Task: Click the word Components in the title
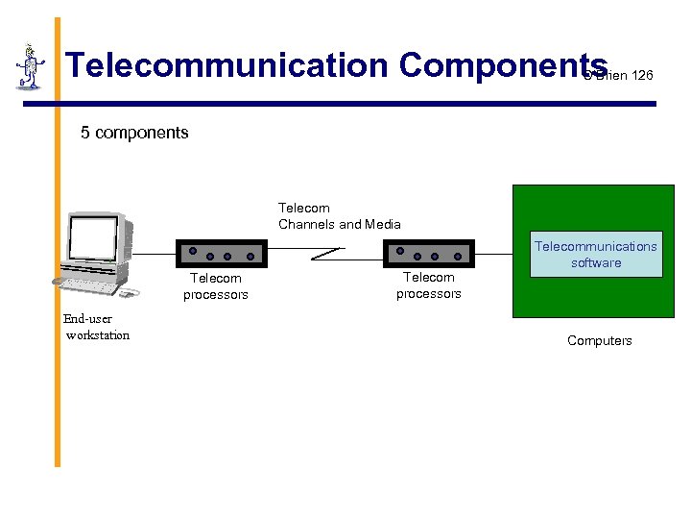[502, 65]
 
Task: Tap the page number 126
[642, 75]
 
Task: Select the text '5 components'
[134, 133]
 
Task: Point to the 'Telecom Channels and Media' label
[339, 216]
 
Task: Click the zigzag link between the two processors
[326, 254]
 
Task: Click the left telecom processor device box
[221, 254]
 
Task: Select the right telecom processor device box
[429, 254]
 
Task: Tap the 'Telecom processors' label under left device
[216, 286]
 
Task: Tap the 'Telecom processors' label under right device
[429, 285]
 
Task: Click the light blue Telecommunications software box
[596, 255]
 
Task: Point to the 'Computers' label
[599, 340]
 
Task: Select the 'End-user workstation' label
[97, 327]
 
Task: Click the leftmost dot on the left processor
[192, 251]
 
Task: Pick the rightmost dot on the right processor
[458, 256]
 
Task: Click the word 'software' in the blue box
[596, 263]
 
